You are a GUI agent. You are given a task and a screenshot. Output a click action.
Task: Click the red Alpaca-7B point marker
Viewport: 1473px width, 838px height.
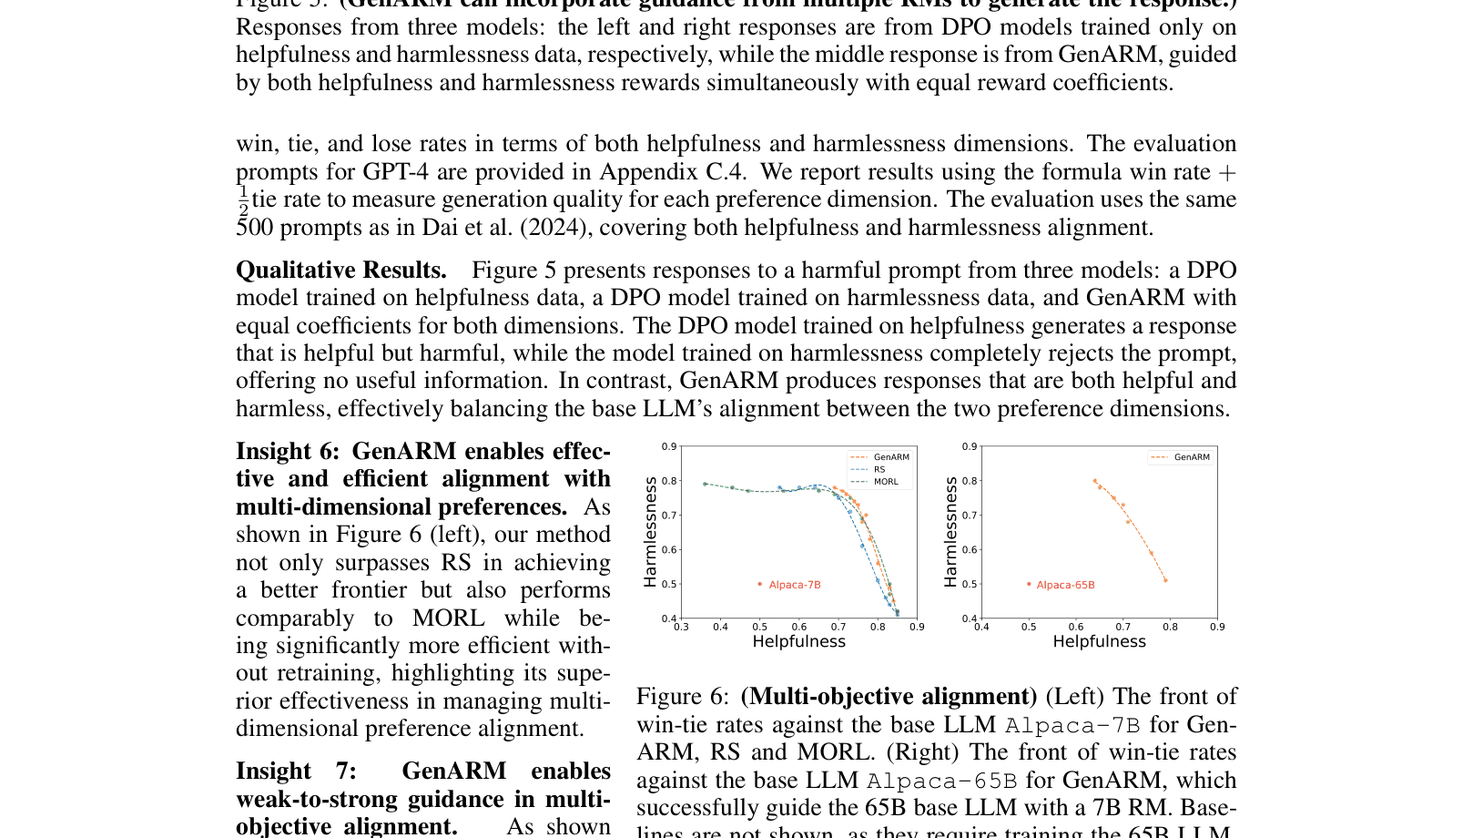click(760, 584)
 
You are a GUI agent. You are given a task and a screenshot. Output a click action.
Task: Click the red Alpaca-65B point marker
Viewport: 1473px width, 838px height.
click(1029, 584)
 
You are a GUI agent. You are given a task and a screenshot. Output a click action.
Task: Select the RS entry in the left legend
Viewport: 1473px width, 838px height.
click(879, 470)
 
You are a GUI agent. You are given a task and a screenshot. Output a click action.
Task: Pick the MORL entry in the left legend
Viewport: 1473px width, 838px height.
click(885, 482)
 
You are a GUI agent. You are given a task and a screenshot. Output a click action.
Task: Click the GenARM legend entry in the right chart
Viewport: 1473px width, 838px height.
click(1191, 457)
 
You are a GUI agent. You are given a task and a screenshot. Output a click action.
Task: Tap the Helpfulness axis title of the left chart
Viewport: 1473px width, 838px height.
click(798, 641)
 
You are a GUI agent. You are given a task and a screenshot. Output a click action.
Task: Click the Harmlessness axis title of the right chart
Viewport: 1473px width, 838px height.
click(950, 533)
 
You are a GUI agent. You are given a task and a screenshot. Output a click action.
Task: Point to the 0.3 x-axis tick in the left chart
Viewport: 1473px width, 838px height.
click(681, 627)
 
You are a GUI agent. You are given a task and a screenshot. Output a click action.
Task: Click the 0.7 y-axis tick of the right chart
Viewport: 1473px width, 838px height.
click(970, 516)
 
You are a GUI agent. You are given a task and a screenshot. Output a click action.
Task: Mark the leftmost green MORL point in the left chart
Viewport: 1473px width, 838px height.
click(705, 484)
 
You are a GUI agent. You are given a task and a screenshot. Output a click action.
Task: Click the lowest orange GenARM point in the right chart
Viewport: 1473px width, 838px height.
click(1165, 580)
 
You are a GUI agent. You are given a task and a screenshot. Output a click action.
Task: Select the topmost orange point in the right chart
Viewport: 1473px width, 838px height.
click(1094, 481)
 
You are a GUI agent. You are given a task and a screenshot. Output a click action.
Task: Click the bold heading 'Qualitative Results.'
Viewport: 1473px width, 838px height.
click(341, 271)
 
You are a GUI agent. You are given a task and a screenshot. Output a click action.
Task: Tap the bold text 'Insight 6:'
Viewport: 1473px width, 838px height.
click(287, 452)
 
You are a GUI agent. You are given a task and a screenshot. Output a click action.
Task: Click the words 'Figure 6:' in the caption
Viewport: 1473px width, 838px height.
click(682, 697)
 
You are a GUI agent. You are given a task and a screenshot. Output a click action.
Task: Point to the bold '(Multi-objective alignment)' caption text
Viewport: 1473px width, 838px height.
click(889, 697)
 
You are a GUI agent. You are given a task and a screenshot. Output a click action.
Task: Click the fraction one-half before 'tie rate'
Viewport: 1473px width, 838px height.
click(243, 200)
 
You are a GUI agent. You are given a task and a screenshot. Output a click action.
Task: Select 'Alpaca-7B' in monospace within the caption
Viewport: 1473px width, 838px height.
click(1072, 725)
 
